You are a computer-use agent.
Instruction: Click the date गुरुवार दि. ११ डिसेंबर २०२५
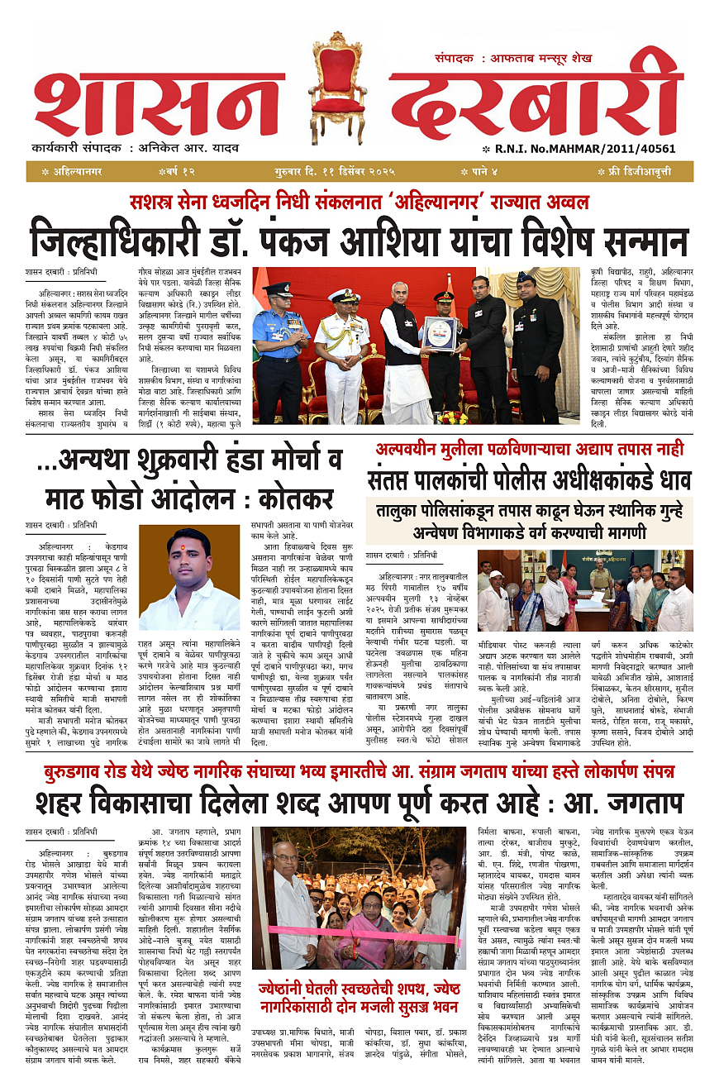(x=336, y=171)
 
